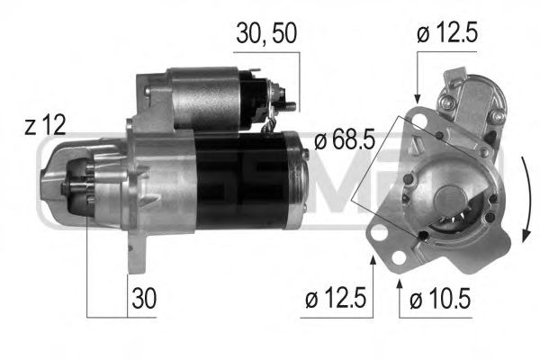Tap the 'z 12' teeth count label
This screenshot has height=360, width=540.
(x=44, y=126)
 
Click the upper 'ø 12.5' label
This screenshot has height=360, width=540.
(x=446, y=34)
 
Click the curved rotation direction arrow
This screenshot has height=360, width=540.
(x=525, y=198)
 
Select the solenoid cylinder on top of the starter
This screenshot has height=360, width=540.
(x=207, y=97)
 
